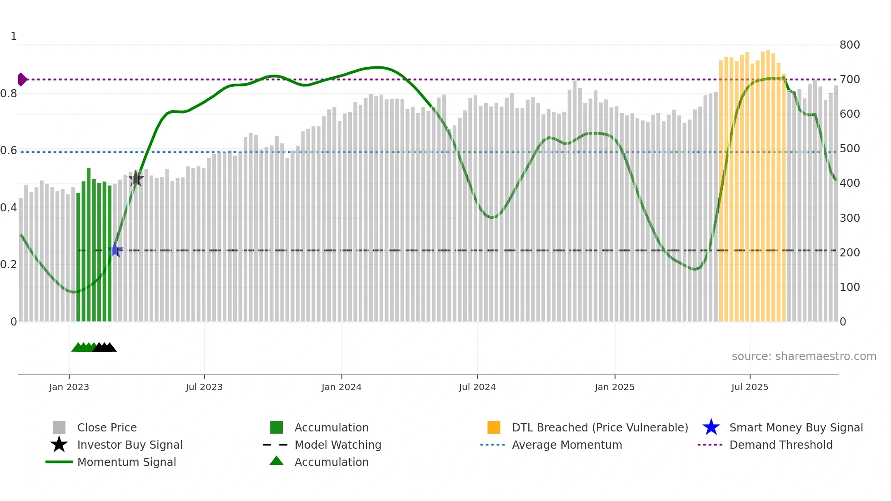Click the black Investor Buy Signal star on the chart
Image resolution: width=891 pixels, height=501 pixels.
[135, 179]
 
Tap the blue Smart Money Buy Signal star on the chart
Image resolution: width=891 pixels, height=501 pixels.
[115, 250]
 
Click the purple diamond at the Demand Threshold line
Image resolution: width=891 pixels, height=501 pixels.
[22, 80]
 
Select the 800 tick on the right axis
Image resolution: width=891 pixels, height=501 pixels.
[849, 45]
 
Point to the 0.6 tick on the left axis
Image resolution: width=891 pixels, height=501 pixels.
[9, 150]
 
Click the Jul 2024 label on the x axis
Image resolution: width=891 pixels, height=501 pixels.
[477, 387]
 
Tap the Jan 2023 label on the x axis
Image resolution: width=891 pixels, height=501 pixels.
[69, 387]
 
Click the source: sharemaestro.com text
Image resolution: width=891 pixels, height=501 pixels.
[804, 356]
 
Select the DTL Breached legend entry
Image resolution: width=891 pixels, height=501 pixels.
[600, 428]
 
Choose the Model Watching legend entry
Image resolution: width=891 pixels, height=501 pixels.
[337, 445]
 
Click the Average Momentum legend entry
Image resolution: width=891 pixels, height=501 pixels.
[566, 445]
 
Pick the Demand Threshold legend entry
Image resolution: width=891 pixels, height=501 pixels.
[781, 445]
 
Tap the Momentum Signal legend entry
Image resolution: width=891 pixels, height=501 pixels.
[126, 462]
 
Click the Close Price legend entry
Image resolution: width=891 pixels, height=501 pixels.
[107, 428]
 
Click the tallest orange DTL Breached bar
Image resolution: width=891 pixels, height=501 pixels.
[768, 186]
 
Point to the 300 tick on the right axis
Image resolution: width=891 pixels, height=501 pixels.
[849, 218]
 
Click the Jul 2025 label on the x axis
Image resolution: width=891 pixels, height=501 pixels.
[750, 387]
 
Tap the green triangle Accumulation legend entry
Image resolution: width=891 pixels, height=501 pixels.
[331, 462]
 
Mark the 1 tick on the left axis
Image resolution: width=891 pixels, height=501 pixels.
[14, 36]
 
